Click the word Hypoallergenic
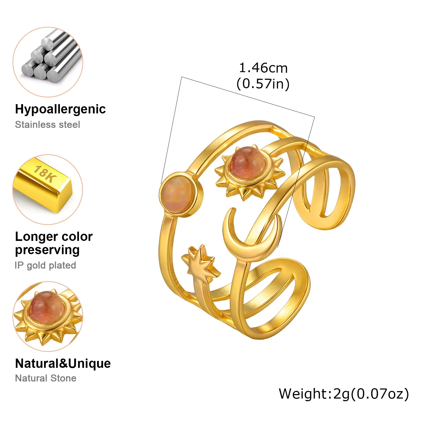tap(60, 109)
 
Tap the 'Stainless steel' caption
tap(47, 125)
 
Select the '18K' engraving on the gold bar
tap(45, 174)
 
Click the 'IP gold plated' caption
tap(45, 266)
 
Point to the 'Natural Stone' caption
tap(46, 378)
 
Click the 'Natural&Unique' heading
tap(63, 363)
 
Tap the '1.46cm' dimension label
tap(263, 68)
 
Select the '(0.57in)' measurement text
tap(263, 84)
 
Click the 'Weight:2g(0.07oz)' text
tap(344, 394)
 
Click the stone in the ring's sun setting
tap(247, 162)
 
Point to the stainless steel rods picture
tap(48, 62)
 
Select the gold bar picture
tap(48, 189)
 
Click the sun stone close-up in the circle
tap(48, 316)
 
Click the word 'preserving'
tap(47, 250)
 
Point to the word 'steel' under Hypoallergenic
tap(69, 125)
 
